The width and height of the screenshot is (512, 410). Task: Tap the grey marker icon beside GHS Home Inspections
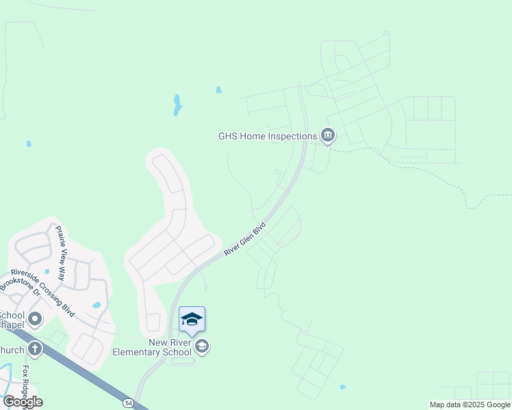point(328,136)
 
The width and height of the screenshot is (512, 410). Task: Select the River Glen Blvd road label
point(245,238)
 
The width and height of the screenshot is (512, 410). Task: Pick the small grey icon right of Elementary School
point(202,347)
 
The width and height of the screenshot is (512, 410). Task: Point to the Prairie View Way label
point(61,245)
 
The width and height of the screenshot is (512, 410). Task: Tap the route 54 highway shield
point(128,404)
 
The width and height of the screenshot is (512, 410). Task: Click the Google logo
point(23,402)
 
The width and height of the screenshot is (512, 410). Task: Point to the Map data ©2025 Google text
point(470,405)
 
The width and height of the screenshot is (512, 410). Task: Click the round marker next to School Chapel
point(34,319)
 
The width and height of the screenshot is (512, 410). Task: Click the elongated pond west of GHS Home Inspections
point(177,105)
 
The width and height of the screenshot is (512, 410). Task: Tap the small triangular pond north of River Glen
point(218,90)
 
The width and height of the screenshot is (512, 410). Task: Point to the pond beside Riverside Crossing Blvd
point(97,305)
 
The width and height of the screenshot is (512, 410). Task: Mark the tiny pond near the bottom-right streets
point(342,387)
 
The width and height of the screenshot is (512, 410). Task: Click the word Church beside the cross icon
point(11,350)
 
